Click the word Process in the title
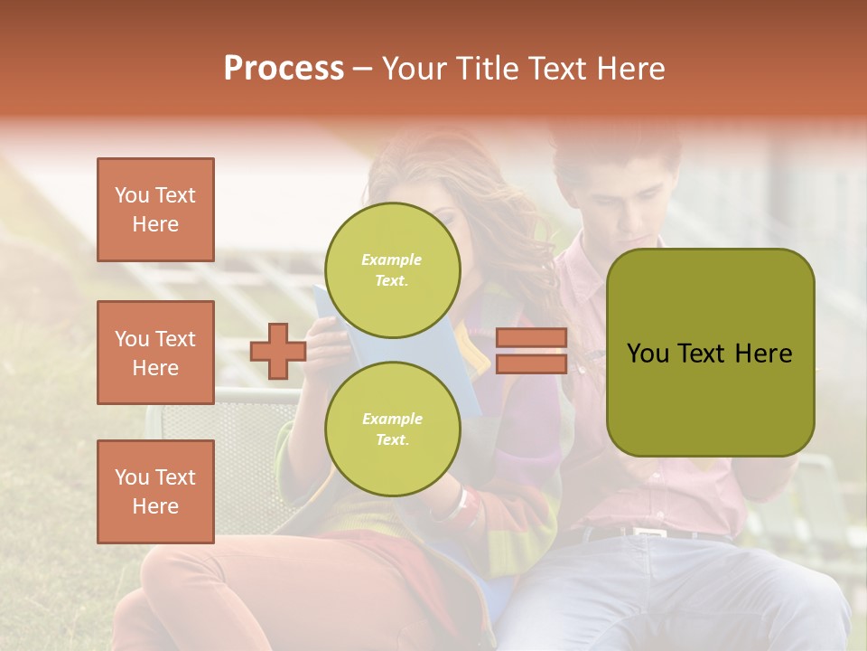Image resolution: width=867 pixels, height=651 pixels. tap(284, 69)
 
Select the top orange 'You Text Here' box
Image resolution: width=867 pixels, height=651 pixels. tap(155, 210)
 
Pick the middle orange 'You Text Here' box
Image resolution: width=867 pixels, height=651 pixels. tap(155, 353)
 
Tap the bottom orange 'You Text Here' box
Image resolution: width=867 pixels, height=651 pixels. tap(155, 491)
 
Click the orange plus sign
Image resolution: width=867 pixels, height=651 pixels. tap(278, 351)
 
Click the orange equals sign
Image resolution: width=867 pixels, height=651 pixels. tap(531, 351)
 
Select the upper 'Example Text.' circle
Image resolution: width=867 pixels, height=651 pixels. tap(392, 270)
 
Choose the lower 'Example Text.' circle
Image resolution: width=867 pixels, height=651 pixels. tap(392, 429)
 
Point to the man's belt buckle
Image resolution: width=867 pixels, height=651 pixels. tap(648, 533)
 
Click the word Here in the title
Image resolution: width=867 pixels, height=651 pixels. tap(632, 69)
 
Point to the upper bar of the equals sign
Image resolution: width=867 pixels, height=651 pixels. tap(531, 338)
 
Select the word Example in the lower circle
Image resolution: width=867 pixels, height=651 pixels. tap(392, 419)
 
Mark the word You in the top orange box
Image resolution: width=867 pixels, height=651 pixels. tap(132, 195)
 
